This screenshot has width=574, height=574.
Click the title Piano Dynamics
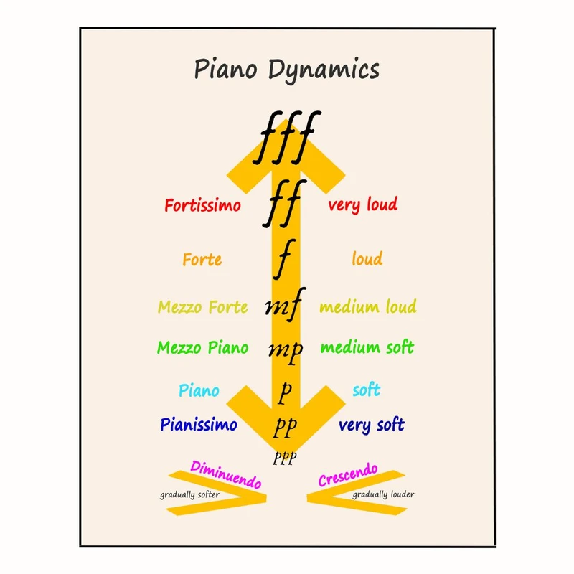click(286, 70)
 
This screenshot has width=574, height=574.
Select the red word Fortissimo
click(202, 206)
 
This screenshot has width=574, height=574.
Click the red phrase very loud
click(362, 205)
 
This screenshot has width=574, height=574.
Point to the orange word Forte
click(202, 260)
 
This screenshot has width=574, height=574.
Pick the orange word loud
click(367, 259)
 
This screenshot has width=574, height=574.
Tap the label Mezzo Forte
click(202, 308)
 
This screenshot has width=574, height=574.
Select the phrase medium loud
click(367, 307)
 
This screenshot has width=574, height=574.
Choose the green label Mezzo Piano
click(202, 348)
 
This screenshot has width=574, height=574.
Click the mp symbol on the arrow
click(285, 349)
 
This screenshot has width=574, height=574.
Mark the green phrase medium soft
click(367, 348)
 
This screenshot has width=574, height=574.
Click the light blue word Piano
click(199, 392)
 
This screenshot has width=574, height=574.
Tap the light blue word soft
click(366, 391)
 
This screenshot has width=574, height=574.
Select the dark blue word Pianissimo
click(199, 425)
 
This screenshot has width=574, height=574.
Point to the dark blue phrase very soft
click(371, 425)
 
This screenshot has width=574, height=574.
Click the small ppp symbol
click(284, 458)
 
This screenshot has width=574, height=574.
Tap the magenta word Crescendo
click(348, 475)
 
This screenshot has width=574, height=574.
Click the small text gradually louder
click(382, 494)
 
